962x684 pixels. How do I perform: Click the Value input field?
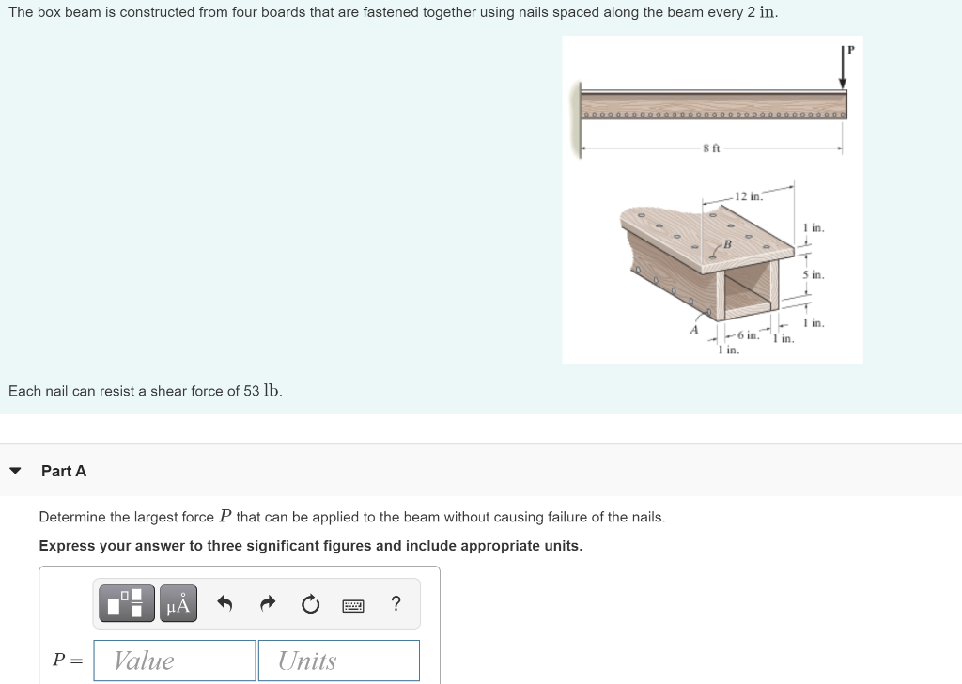pyautogui.click(x=175, y=661)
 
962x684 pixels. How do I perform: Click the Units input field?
pyautogui.click(x=338, y=661)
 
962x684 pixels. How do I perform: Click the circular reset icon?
pyautogui.click(x=311, y=604)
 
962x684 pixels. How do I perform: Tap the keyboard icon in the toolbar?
pyautogui.click(x=353, y=604)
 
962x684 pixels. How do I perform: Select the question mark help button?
pyautogui.click(x=396, y=603)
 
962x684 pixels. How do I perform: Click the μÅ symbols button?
pyautogui.click(x=178, y=604)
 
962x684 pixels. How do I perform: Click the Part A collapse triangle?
pyautogui.click(x=15, y=471)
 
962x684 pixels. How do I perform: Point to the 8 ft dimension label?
pyautogui.click(x=711, y=148)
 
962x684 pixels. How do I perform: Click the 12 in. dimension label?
pyautogui.click(x=749, y=196)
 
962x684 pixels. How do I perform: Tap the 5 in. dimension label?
pyautogui.click(x=813, y=275)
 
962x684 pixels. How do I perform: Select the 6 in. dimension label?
pyautogui.click(x=748, y=335)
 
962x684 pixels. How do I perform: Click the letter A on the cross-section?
pyautogui.click(x=695, y=329)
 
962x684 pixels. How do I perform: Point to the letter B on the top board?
pyautogui.click(x=726, y=245)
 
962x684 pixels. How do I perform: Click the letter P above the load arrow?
pyautogui.click(x=851, y=49)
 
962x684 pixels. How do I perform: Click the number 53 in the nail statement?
pyautogui.click(x=252, y=391)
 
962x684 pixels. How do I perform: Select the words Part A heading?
pyautogui.click(x=64, y=471)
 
